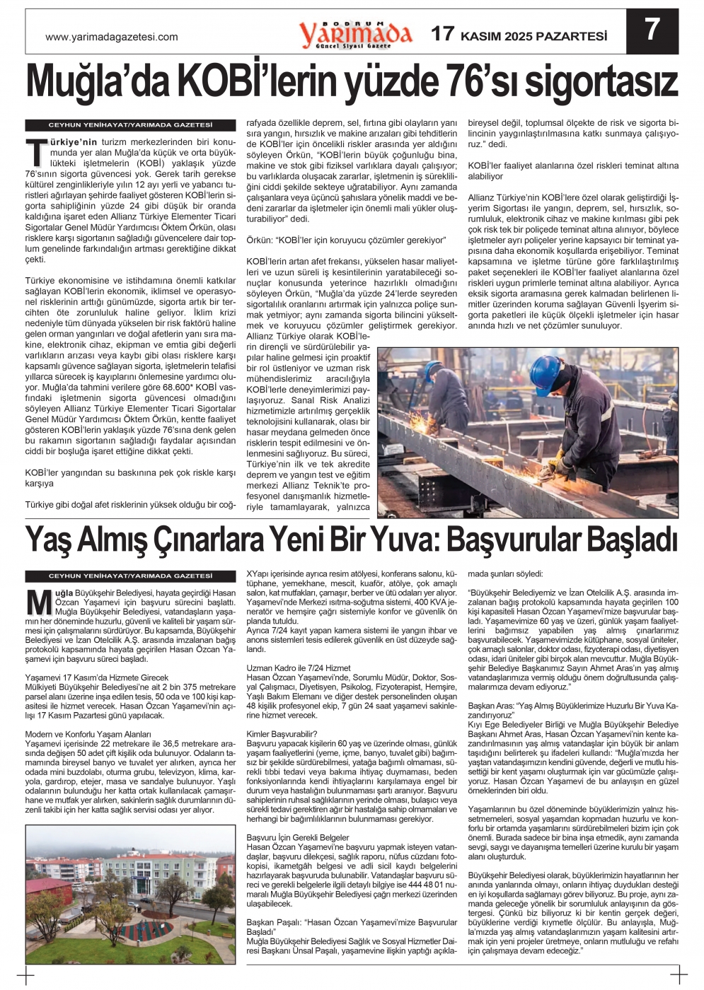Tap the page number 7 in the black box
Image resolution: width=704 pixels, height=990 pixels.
(x=652, y=30)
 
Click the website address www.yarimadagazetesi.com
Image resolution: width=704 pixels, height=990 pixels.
(x=111, y=37)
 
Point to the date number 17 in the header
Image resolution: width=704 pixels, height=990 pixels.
(x=443, y=34)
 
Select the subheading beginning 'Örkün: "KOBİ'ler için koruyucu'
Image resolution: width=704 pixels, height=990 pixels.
(x=346, y=240)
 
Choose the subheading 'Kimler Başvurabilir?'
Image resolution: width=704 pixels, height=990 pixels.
(x=282, y=734)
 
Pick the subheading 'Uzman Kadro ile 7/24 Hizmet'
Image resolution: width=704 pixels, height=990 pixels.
(x=299, y=668)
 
